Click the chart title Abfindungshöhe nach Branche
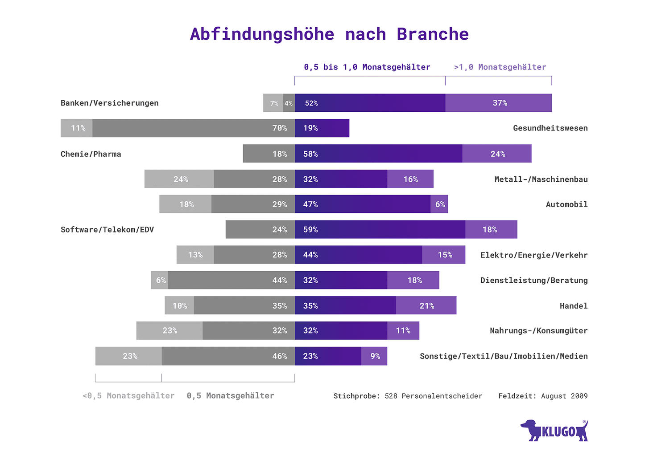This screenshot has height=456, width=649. (x=329, y=34)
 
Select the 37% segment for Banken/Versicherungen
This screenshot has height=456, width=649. (x=498, y=103)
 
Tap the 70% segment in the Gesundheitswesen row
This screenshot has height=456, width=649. (x=194, y=128)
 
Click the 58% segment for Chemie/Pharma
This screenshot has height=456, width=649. (x=378, y=154)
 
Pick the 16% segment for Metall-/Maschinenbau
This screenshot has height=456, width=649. (x=410, y=179)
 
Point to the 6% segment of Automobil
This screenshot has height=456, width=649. (x=439, y=204)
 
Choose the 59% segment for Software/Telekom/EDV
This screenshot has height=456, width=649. (x=380, y=230)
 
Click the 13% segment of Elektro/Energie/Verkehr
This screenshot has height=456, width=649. (x=195, y=255)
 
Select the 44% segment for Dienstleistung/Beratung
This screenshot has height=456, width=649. (x=231, y=280)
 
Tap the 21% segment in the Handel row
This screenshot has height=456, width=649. (x=426, y=305)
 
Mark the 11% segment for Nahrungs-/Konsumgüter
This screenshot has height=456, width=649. (x=403, y=330)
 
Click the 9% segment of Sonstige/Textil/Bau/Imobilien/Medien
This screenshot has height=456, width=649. (x=374, y=356)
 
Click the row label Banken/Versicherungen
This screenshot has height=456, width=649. (x=110, y=103)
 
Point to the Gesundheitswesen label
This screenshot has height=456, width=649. (x=550, y=128)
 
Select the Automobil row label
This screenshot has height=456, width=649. (x=566, y=204)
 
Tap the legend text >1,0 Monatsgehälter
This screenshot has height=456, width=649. (x=500, y=67)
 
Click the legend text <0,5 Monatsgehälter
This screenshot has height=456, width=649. (x=128, y=395)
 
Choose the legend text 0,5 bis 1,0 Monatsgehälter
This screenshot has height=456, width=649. (x=367, y=67)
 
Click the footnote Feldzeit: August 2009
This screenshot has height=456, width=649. (x=543, y=396)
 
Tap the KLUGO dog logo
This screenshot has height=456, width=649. (x=554, y=431)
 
